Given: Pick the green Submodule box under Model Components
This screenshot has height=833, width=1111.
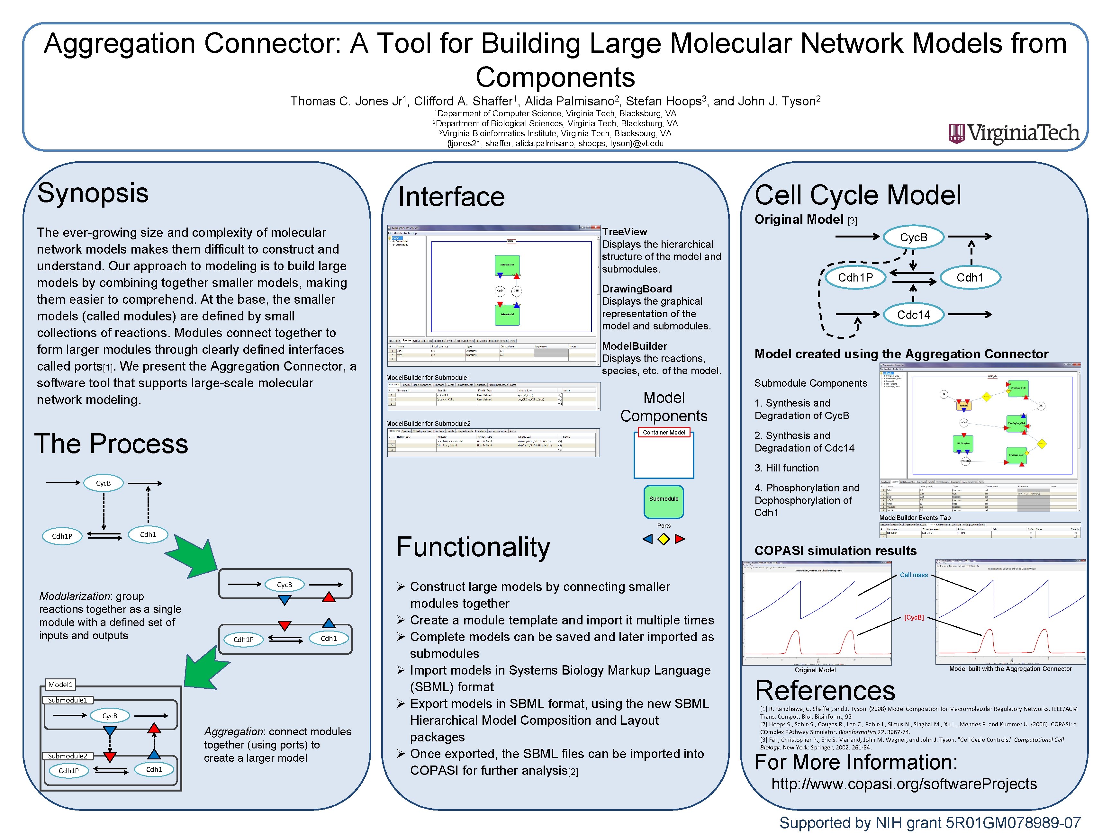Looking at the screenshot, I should pos(664,501).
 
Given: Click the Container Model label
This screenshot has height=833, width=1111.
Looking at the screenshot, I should pos(664,432).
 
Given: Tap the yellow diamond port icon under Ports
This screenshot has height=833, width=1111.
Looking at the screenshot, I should pos(664,539).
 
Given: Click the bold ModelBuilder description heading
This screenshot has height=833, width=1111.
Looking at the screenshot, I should pos(634,346).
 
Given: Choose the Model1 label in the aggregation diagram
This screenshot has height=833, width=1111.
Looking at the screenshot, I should pos(60,685).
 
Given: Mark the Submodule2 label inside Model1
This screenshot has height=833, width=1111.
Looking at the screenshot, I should pos(67,756).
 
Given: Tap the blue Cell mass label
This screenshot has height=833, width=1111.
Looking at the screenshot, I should pos(914,575).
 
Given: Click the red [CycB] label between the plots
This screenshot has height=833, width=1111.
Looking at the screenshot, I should pos(914,617).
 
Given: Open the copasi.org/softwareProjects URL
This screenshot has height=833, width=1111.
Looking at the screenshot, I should pos(904,784).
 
